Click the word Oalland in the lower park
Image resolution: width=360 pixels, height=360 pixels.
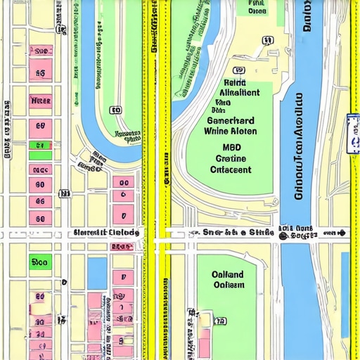tap(228, 274)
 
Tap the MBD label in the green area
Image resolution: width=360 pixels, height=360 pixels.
tap(231, 148)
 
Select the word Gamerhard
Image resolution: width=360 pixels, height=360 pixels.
tap(231, 120)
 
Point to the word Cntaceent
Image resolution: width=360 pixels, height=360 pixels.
tap(231, 169)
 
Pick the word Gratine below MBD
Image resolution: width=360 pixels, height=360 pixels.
tap(231, 159)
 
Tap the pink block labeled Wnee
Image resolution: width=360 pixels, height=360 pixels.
tap(41, 101)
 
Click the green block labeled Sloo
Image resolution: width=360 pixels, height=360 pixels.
tap(40, 262)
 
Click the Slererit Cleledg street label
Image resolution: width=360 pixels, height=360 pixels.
tap(105, 233)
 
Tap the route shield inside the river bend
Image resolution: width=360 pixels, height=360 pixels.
tap(115, 110)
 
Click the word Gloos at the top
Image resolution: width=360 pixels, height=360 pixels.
tap(257, 11)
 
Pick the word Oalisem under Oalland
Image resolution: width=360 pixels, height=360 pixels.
tap(228, 285)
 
